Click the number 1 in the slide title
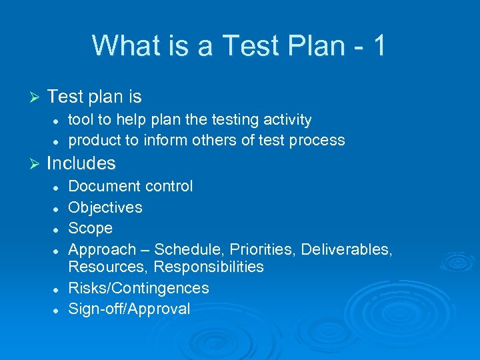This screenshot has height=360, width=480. pyautogui.click(x=378, y=46)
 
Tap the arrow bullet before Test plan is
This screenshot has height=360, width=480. pyautogui.click(x=36, y=97)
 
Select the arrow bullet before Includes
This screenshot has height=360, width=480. pyautogui.click(x=36, y=164)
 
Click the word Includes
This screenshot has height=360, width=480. pyautogui.click(x=81, y=163)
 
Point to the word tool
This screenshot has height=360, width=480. pyautogui.click(x=82, y=120)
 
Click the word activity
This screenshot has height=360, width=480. pyautogui.click(x=285, y=120)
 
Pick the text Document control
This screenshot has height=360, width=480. pyautogui.click(x=131, y=187)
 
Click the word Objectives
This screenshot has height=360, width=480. pyautogui.click(x=105, y=207)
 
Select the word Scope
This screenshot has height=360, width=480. pyautogui.click(x=91, y=229)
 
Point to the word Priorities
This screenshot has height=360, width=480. pyautogui.click(x=262, y=249)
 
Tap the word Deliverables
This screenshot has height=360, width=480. pyautogui.click(x=346, y=249)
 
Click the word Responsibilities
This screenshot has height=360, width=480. pyautogui.click(x=209, y=267)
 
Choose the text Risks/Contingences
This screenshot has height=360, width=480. pyautogui.click(x=139, y=288)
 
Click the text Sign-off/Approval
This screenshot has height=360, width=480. pyautogui.click(x=129, y=309)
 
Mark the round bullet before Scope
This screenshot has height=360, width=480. pyautogui.click(x=58, y=229)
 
